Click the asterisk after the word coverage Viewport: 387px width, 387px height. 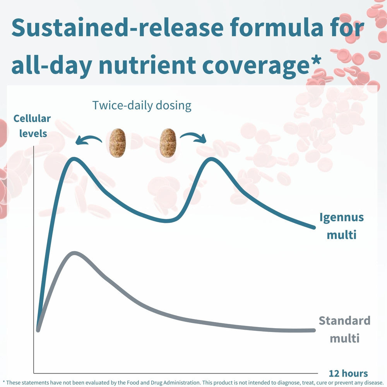(x=316, y=62)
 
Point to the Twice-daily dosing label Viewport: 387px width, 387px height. (x=142, y=105)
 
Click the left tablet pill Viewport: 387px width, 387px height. (x=117, y=143)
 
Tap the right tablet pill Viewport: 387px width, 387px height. (x=168, y=143)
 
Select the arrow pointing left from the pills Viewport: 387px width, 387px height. (x=88, y=140)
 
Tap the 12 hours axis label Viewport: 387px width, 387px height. (x=348, y=373)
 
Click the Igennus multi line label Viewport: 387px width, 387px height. (x=341, y=226)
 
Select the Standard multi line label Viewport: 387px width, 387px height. (x=344, y=329)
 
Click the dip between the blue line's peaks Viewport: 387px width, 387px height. (x=167, y=221)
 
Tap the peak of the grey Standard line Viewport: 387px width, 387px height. (x=74, y=253)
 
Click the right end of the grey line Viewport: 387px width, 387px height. (x=313, y=330)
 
